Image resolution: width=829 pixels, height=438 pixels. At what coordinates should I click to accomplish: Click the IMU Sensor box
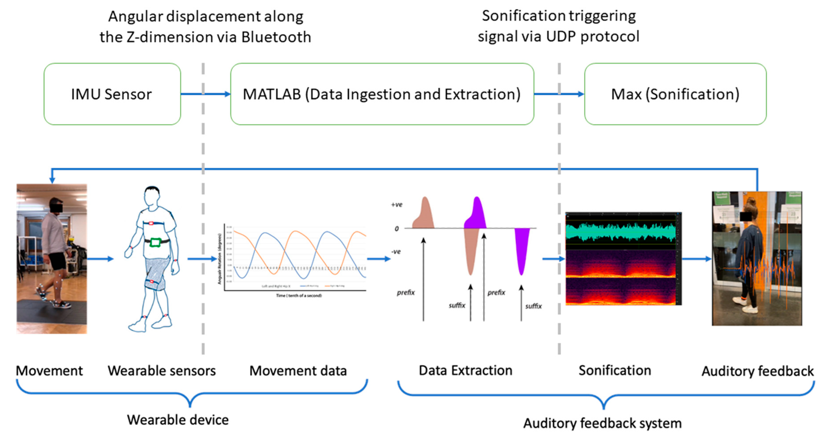pos(112,94)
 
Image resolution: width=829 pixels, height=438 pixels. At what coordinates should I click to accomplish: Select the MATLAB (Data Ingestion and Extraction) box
pos(382,94)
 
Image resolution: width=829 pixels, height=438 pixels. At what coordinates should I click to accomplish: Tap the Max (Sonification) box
pos(675,94)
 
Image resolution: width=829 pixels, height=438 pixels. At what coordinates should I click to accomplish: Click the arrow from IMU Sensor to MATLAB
pos(206,94)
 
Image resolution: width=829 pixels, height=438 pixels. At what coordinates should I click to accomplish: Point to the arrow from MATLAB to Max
pos(559,94)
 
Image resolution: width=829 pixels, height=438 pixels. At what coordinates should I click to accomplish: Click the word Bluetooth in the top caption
pos(276,37)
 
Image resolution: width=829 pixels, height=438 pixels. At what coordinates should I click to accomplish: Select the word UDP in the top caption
pos(561,36)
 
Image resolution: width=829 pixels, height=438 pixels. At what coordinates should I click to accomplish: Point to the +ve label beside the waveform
pos(396,205)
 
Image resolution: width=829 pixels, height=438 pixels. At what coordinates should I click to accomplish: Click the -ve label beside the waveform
pos(396,252)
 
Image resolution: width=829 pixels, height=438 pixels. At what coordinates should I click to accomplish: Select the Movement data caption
pos(298,371)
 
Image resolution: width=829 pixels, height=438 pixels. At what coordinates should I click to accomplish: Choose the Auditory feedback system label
pos(603,423)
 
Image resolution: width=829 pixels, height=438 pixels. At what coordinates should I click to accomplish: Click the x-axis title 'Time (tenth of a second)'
pos(299,296)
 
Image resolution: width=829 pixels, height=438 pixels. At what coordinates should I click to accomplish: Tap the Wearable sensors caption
pos(162,371)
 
